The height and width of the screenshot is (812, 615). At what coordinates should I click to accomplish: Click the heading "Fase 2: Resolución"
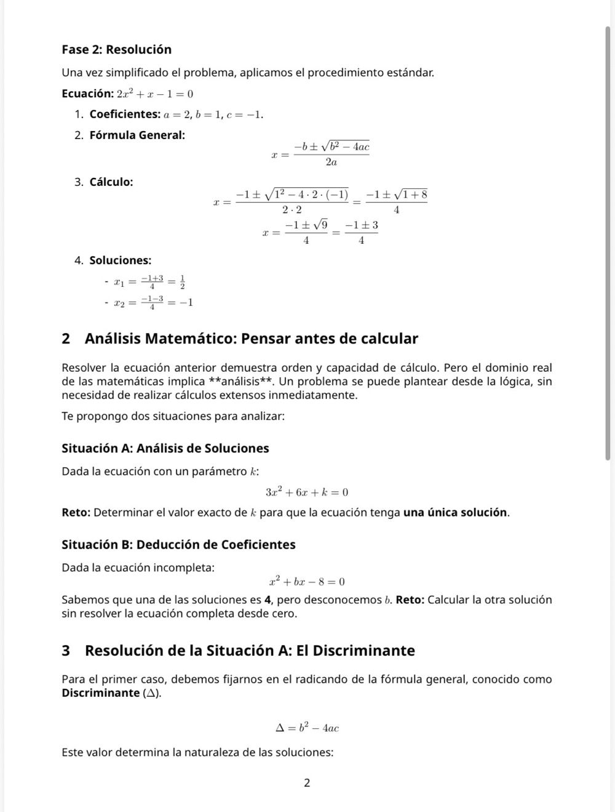click(116, 50)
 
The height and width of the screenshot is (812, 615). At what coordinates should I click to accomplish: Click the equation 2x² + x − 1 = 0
click(155, 94)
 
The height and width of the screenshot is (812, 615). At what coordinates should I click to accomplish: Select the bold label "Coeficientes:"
click(125, 115)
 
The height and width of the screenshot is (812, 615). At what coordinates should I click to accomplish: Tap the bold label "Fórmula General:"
click(137, 135)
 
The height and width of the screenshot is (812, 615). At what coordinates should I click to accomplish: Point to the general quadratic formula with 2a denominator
click(321, 154)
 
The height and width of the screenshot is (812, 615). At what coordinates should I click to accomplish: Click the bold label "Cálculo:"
click(111, 182)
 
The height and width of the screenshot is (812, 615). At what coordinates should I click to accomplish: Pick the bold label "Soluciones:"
click(121, 260)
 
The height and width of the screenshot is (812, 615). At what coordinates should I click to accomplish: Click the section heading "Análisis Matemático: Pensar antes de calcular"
click(251, 339)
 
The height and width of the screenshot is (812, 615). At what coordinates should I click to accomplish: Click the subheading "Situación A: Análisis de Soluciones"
click(165, 449)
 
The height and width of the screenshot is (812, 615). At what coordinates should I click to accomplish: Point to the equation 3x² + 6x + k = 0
click(307, 492)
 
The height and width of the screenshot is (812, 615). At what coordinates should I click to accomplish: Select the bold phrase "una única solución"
click(455, 513)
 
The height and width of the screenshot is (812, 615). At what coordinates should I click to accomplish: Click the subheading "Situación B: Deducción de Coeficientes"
click(178, 545)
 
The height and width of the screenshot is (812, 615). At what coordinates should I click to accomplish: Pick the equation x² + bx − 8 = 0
click(307, 582)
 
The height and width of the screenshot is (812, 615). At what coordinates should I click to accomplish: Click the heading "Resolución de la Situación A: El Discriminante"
click(250, 651)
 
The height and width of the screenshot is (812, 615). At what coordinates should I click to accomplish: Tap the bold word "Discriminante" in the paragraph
click(101, 693)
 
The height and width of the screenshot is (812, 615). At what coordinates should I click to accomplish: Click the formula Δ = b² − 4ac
click(307, 728)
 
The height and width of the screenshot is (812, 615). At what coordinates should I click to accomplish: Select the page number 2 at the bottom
click(307, 784)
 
